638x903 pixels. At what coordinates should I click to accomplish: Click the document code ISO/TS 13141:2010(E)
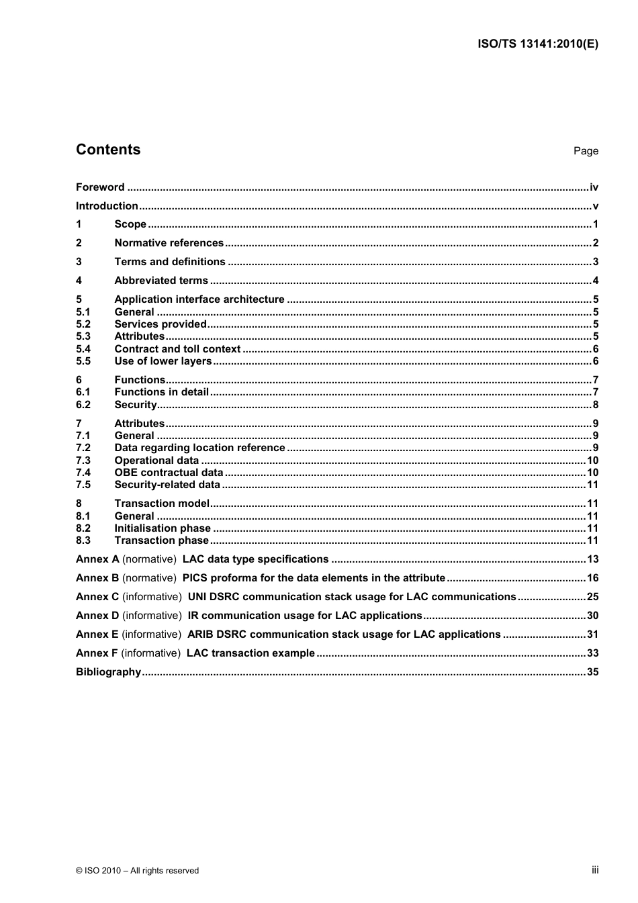[537, 44]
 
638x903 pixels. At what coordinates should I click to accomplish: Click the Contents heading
[108, 150]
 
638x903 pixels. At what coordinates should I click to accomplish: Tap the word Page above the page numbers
[585, 151]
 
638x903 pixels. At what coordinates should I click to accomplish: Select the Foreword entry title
[100, 187]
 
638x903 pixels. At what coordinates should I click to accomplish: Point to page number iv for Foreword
[594, 187]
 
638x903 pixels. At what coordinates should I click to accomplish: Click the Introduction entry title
[107, 206]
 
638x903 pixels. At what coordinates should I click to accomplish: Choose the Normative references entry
[169, 243]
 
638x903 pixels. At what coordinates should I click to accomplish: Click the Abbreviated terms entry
[161, 281]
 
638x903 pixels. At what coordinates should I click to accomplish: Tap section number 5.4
[83, 349]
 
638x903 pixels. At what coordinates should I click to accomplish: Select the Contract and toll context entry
[177, 349]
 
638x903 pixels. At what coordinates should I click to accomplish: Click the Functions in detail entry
[161, 392]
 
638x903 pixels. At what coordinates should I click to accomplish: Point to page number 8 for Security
[595, 405]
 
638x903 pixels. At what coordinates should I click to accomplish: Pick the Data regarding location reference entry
[199, 448]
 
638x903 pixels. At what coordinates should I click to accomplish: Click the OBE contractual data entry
[169, 473]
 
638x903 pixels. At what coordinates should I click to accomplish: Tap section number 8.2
[83, 528]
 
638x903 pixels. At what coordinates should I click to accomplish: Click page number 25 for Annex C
[592, 597]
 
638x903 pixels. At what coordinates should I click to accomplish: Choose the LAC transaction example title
[250, 653]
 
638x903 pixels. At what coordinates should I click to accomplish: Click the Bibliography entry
[108, 672]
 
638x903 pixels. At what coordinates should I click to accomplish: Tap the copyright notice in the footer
[137, 871]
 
